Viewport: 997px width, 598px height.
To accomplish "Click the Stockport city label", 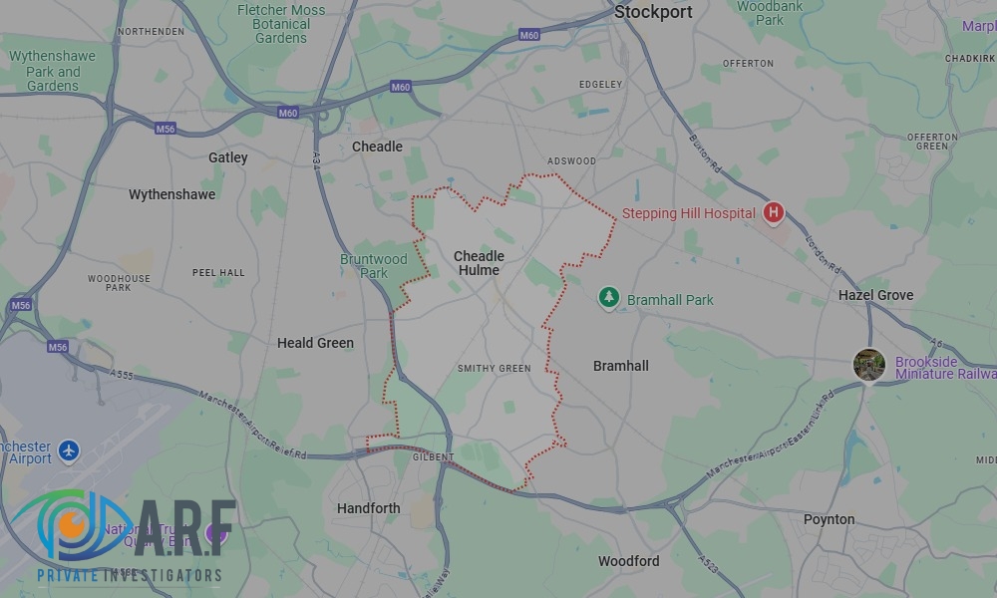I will [653, 12].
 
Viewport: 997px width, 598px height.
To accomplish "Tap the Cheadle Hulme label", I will [479, 263].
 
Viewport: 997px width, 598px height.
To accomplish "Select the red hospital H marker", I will [773, 212].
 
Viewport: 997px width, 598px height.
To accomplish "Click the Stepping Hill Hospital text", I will [688, 213].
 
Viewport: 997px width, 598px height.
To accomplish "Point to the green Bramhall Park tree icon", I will [608, 298].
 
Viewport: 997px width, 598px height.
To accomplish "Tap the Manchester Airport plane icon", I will [69, 451].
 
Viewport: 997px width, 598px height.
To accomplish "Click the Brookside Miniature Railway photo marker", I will [868, 365].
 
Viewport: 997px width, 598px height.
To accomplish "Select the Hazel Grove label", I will [875, 295].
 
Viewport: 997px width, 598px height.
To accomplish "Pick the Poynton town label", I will [829, 519].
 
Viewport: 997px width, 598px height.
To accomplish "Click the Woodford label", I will [628, 561].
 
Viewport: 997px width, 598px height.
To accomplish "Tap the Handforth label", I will [368, 508].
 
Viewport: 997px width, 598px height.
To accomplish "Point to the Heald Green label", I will [315, 343].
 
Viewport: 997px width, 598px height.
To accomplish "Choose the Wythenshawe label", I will [171, 194].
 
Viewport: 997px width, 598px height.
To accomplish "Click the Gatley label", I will [227, 157].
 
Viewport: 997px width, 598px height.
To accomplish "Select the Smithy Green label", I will [494, 369].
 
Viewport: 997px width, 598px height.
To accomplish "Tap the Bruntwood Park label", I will [374, 266].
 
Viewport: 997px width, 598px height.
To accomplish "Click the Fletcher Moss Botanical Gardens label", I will [281, 24].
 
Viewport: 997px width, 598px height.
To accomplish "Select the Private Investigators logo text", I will [129, 575].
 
